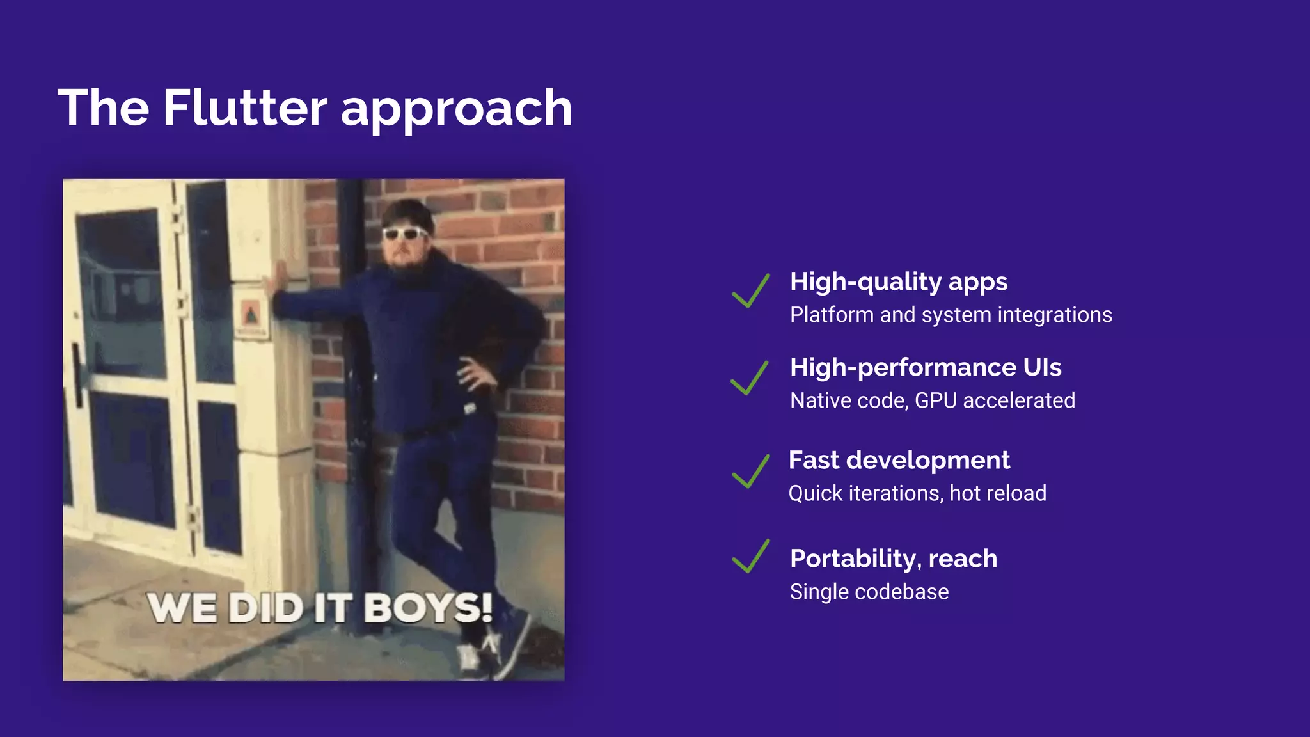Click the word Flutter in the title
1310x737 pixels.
(x=244, y=107)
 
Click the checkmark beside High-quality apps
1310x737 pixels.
(x=750, y=290)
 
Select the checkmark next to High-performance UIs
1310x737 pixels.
(x=750, y=377)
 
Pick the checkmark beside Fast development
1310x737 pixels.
(x=750, y=471)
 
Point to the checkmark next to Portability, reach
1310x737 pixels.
(x=750, y=556)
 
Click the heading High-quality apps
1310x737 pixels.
(x=898, y=282)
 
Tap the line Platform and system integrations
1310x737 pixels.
(x=951, y=315)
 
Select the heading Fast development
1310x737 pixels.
(x=899, y=460)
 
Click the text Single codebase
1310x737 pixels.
(x=869, y=592)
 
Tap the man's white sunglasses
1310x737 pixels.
(x=404, y=233)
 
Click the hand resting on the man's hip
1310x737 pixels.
(x=473, y=374)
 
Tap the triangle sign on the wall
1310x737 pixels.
(x=251, y=314)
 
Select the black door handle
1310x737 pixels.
(x=77, y=374)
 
